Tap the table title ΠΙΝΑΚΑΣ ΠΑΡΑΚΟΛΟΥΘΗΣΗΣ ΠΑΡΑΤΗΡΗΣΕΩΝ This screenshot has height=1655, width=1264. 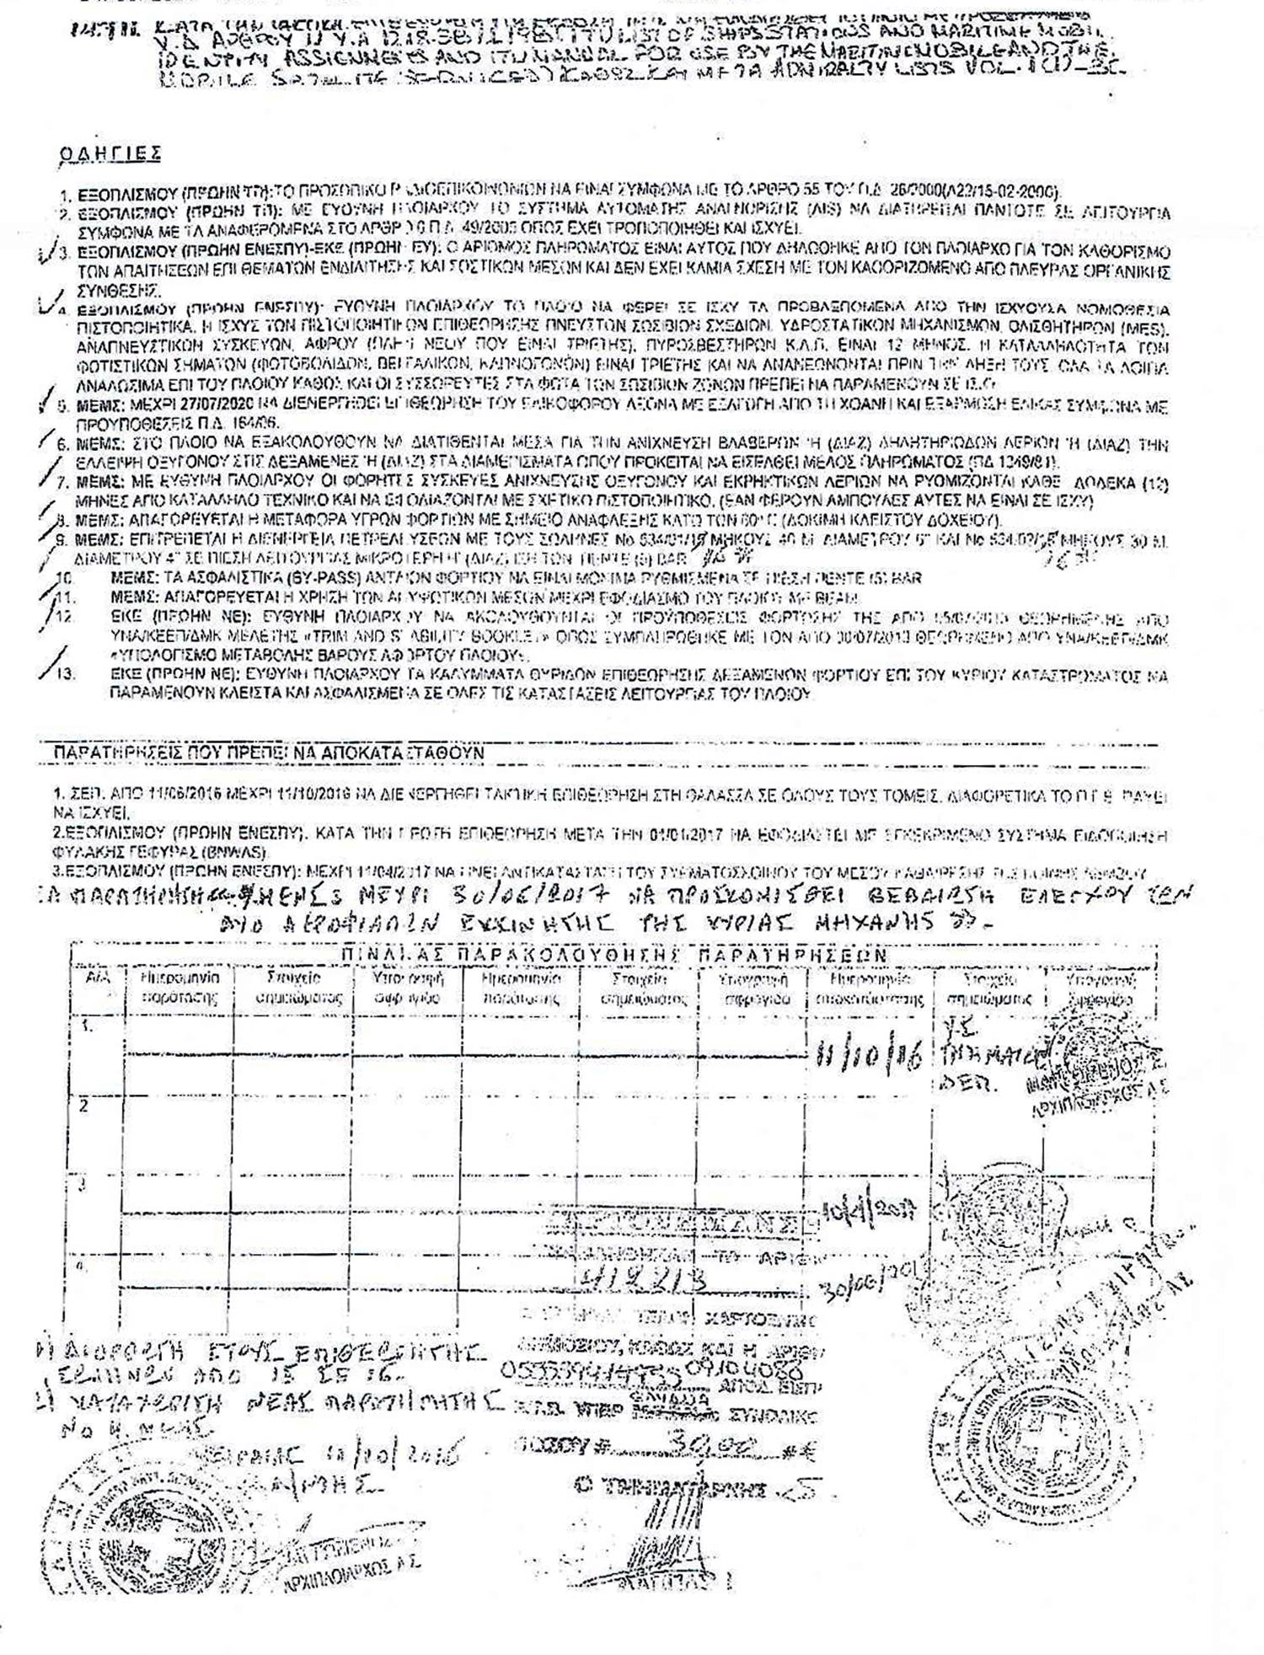point(613,955)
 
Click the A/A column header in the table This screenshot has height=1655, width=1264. point(99,981)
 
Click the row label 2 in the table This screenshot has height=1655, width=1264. point(83,1106)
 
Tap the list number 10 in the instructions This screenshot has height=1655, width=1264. point(64,578)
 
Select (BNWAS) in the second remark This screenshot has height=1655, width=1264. point(240,851)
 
